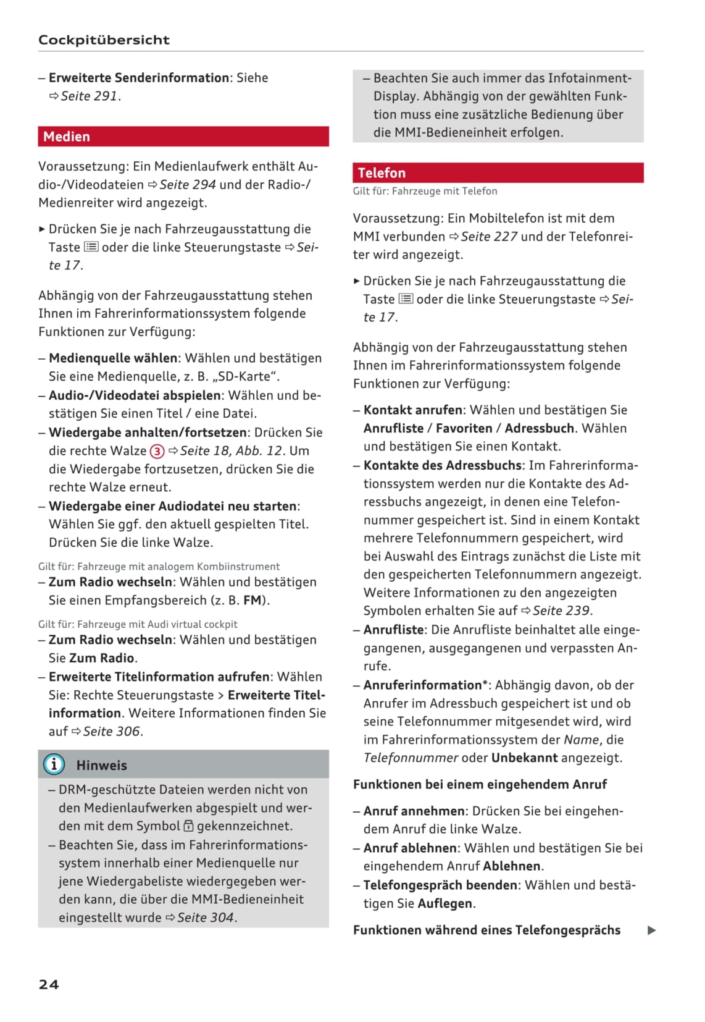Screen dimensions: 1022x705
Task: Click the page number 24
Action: [49, 984]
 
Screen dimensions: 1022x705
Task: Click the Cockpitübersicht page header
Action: [104, 40]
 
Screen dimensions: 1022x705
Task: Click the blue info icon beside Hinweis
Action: [54, 764]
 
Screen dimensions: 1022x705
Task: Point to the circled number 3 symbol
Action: [157, 451]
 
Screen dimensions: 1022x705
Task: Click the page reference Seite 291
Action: [90, 96]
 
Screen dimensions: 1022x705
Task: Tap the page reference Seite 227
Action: [488, 236]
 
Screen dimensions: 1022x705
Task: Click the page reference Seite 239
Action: [561, 610]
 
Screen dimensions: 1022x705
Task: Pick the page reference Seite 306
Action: [112, 731]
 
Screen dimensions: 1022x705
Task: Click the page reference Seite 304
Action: [206, 917]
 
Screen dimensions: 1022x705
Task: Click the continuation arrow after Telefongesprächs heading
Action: [651, 931]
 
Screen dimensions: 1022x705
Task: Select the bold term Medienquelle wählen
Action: [114, 358]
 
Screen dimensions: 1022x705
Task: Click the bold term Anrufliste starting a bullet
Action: [394, 630]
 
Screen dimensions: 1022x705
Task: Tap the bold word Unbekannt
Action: [524, 758]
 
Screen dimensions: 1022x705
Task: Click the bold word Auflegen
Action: [445, 903]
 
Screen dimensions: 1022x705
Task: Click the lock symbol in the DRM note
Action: [189, 826]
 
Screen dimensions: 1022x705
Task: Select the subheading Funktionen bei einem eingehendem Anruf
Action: [480, 784]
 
